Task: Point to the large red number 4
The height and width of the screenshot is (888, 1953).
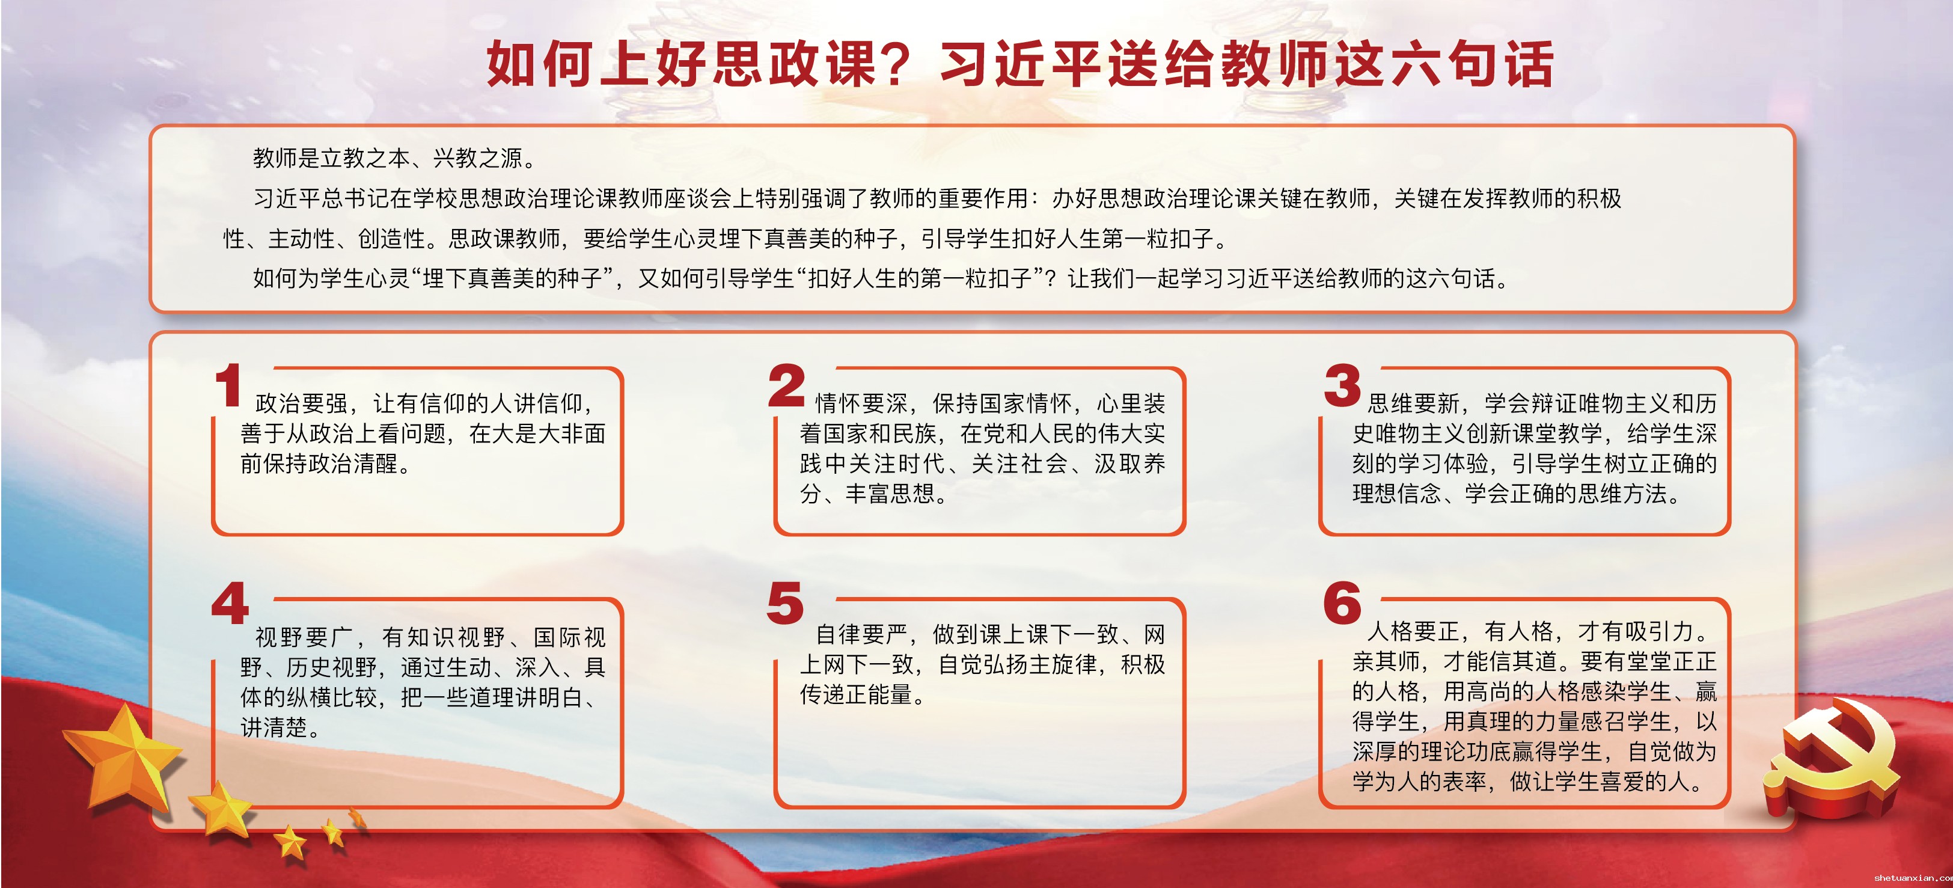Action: coord(230,604)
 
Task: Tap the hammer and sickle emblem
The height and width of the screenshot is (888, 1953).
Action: coord(1835,758)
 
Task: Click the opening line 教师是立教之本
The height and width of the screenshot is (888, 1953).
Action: coord(331,158)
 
